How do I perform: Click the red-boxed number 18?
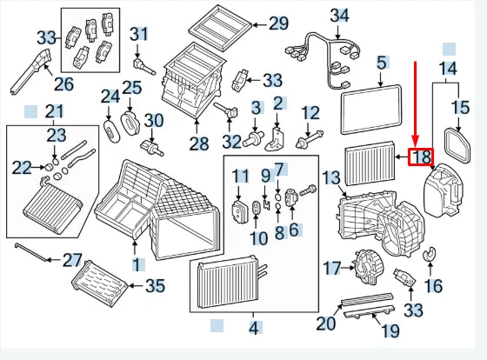421,157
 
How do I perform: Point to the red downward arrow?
416,104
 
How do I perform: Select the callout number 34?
339,15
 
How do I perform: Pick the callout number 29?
277,23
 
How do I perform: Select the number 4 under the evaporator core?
254,328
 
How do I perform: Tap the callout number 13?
331,178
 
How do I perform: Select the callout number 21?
55,110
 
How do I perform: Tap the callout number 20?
325,323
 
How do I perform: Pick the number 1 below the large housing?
136,263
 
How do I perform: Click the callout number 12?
310,112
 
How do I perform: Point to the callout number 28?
199,143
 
